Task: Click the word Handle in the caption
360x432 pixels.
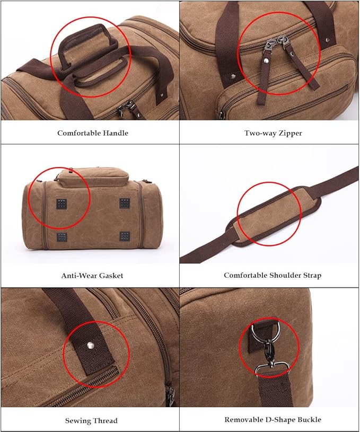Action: [116, 133]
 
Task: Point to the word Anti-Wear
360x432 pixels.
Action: [78, 275]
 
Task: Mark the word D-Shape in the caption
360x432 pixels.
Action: [279, 420]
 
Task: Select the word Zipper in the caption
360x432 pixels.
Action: [289, 133]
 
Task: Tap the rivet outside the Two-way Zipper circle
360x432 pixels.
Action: [234, 76]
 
